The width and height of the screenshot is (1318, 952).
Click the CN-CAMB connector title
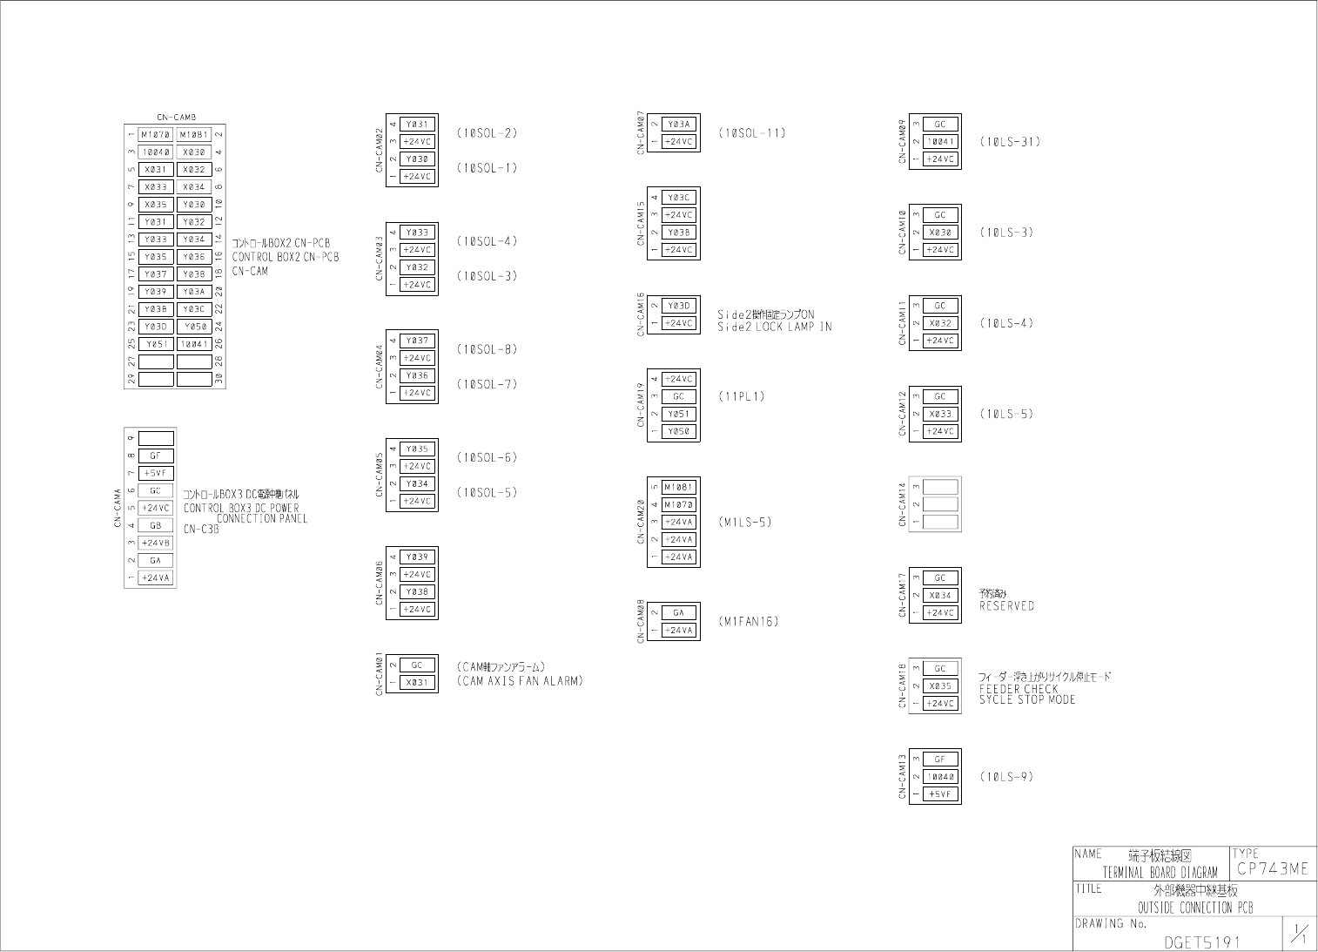(176, 117)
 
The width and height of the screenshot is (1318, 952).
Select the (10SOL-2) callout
(487, 133)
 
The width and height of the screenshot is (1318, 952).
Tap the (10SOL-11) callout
(751, 133)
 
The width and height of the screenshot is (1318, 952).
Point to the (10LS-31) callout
(1009, 142)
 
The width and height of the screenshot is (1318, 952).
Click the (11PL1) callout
(741, 396)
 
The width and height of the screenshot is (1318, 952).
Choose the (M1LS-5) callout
(745, 523)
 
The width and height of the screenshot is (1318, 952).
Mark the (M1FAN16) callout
(748, 622)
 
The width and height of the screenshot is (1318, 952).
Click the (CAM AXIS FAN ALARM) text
(520, 681)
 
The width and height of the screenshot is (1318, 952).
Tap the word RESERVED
(1006, 606)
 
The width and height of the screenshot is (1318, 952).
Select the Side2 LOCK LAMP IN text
(774, 327)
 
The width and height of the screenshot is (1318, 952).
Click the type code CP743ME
(1272, 869)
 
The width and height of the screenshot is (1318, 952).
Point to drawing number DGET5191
(1202, 942)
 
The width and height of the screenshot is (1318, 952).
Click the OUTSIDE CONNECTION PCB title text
(1195, 908)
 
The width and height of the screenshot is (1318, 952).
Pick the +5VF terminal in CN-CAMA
(156, 473)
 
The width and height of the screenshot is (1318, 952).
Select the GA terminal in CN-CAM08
(678, 612)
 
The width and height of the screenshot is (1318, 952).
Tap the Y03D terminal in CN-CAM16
(678, 306)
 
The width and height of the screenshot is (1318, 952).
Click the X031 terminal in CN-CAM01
(417, 682)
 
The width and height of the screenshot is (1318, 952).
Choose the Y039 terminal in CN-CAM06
(417, 557)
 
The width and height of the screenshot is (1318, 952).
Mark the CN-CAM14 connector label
(903, 504)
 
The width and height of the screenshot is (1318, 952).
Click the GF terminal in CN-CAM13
(939, 759)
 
